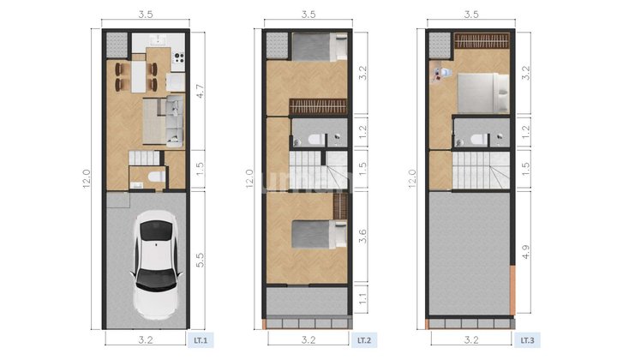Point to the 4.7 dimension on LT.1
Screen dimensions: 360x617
199,92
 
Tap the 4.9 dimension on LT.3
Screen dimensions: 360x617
523,252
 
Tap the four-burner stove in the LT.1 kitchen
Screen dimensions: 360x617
178,58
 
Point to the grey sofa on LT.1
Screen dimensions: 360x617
173,120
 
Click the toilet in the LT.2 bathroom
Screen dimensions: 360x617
314,139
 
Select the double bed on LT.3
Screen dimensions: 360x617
482,93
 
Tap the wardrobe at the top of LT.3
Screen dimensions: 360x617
481,40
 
